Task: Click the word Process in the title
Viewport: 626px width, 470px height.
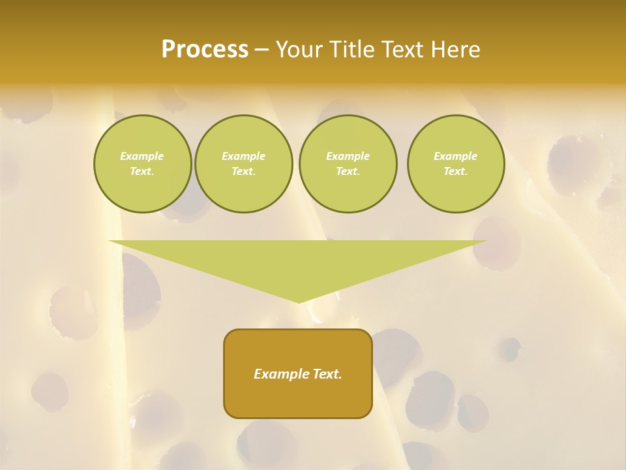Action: (x=205, y=50)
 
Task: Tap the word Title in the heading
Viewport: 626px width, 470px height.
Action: (x=354, y=50)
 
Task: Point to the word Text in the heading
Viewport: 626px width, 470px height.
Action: (x=404, y=50)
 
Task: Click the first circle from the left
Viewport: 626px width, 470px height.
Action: (x=142, y=164)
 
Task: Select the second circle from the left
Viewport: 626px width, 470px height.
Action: (x=243, y=164)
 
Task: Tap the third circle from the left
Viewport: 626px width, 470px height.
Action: (x=348, y=164)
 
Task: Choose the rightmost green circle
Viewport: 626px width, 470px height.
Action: (x=456, y=164)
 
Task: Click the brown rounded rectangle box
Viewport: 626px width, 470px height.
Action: (x=298, y=373)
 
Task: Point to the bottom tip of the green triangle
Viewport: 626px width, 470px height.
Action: (x=299, y=302)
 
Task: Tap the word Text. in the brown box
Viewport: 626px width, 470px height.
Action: (x=326, y=374)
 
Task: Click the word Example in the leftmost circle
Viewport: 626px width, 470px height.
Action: (x=142, y=156)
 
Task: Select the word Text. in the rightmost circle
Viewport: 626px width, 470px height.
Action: (x=456, y=172)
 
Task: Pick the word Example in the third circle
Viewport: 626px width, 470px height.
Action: (x=348, y=156)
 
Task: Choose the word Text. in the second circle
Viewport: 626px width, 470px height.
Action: (x=243, y=172)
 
